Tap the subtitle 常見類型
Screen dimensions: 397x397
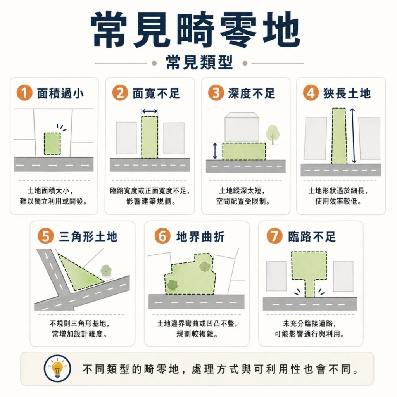[x=199, y=62]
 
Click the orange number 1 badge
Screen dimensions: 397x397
[x=24, y=93]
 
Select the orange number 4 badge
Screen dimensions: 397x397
[x=311, y=93]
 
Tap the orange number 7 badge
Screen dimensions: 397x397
[x=275, y=237]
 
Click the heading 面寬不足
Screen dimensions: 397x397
[x=156, y=93]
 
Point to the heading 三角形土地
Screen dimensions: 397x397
[x=88, y=237]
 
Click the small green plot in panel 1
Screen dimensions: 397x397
[x=52, y=143]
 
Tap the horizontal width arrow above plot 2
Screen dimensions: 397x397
[x=150, y=112]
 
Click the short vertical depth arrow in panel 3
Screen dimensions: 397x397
[x=215, y=151]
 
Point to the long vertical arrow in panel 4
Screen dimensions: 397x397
[x=353, y=136]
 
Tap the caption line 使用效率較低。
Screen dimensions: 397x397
[x=338, y=202]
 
